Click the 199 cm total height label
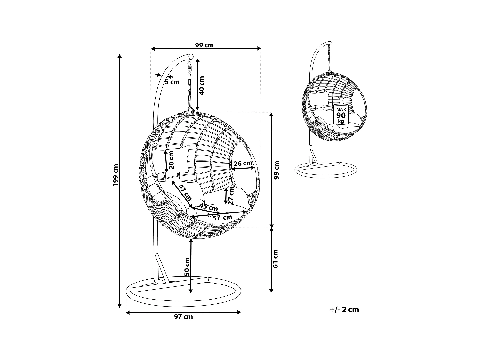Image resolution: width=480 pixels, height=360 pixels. pyautogui.click(x=116, y=175)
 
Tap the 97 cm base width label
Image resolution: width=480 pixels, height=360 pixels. pyautogui.click(x=183, y=317)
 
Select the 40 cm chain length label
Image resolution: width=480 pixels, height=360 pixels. pyautogui.click(x=202, y=85)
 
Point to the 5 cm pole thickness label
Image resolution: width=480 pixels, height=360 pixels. pyautogui.click(x=172, y=82)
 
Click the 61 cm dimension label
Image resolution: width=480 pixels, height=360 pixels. pyautogui.click(x=275, y=259)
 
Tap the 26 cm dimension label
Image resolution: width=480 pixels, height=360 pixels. pyautogui.click(x=243, y=163)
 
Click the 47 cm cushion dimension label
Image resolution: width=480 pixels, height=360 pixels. pyautogui.click(x=185, y=193)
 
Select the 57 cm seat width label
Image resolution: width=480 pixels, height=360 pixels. pyautogui.click(x=222, y=218)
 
